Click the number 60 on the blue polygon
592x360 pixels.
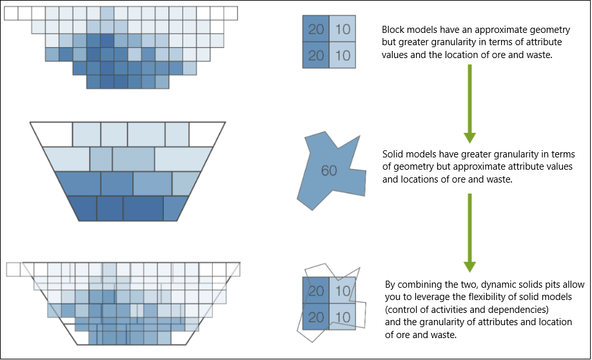[x=329, y=171]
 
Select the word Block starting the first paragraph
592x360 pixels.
[x=394, y=30]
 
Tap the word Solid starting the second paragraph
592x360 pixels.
[x=393, y=155]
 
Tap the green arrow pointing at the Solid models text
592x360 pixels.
[x=469, y=103]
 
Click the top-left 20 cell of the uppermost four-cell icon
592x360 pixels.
[x=316, y=29]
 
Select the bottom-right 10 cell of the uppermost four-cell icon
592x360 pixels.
[x=342, y=55]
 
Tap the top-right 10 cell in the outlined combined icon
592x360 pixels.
[x=342, y=291]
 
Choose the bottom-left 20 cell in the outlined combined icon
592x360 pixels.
[x=316, y=317]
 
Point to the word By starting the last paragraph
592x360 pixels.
[x=390, y=284]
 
